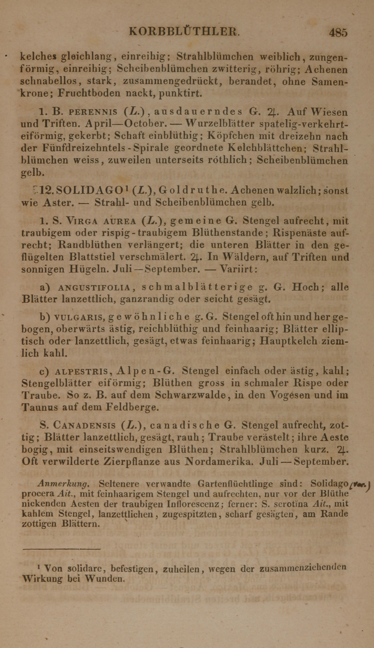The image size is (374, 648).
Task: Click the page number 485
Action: [x=338, y=33]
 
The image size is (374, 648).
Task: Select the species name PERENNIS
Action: [x=93, y=112]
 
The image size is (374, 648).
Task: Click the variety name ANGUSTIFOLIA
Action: [x=94, y=288]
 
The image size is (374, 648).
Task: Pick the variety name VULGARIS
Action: [x=79, y=317]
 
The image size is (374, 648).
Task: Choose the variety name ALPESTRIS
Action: [x=81, y=371]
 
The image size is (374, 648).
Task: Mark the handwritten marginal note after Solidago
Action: [x=359, y=485]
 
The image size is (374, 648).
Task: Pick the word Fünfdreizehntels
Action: [x=87, y=148]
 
